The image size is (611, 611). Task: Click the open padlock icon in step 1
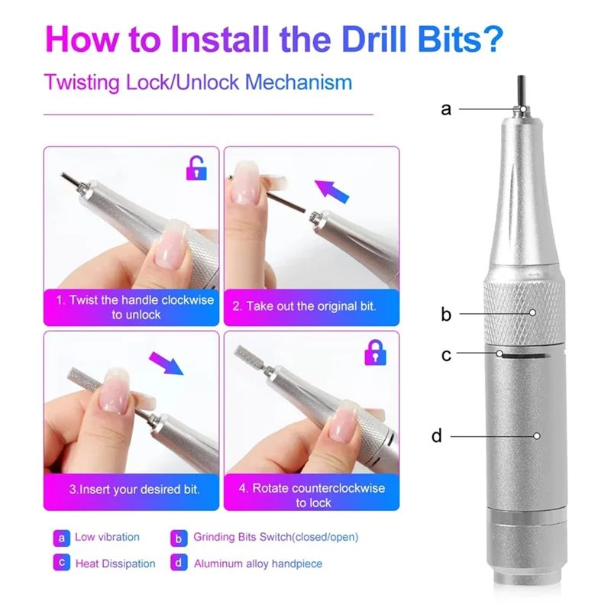pos(196,168)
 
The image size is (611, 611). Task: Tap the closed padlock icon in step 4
pos(375,352)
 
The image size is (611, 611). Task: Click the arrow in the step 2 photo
pos(331,191)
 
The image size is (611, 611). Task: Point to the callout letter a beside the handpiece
pos(446,109)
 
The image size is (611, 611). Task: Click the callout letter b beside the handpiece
pos(446,314)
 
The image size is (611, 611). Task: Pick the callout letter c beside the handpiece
pos(446,355)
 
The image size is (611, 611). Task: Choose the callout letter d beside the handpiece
pos(437,435)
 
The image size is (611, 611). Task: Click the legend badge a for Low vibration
pos(62,538)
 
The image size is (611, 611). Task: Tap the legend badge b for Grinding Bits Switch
pos(179,538)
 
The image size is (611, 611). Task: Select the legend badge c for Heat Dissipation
pos(62,563)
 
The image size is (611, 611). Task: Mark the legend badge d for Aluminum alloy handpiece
pos(179,563)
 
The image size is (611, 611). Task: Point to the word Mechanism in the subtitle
pos(299,82)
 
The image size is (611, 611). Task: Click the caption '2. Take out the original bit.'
pos(304,306)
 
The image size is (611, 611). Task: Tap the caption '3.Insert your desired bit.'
pos(134,489)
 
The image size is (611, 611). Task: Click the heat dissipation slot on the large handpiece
pos(524,355)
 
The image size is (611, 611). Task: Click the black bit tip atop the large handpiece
pos(522,91)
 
